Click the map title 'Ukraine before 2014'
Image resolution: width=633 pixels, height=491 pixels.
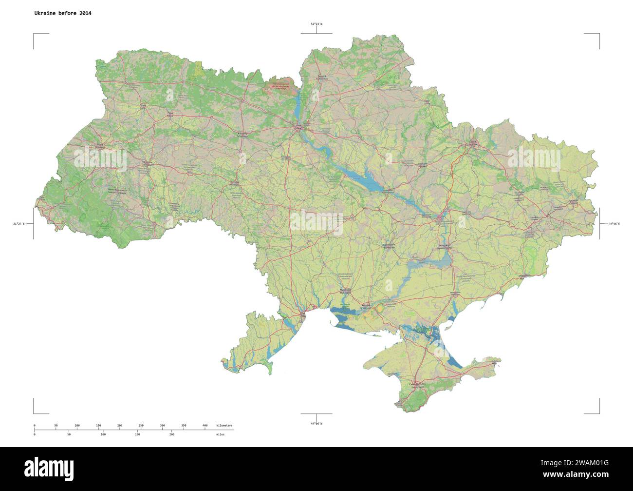(x=62, y=13)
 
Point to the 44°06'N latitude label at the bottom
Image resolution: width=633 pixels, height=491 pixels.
(x=316, y=423)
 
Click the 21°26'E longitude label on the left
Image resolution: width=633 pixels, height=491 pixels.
(x=19, y=224)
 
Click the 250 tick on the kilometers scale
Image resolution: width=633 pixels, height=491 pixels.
(x=141, y=426)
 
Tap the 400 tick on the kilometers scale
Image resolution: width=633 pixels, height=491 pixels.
(x=205, y=426)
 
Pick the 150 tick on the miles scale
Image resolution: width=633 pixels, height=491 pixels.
(x=137, y=434)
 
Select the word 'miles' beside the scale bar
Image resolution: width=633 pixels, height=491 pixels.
(x=221, y=434)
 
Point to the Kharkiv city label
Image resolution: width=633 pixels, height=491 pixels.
(x=472, y=143)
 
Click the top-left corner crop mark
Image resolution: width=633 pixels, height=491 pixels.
(x=34, y=34)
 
